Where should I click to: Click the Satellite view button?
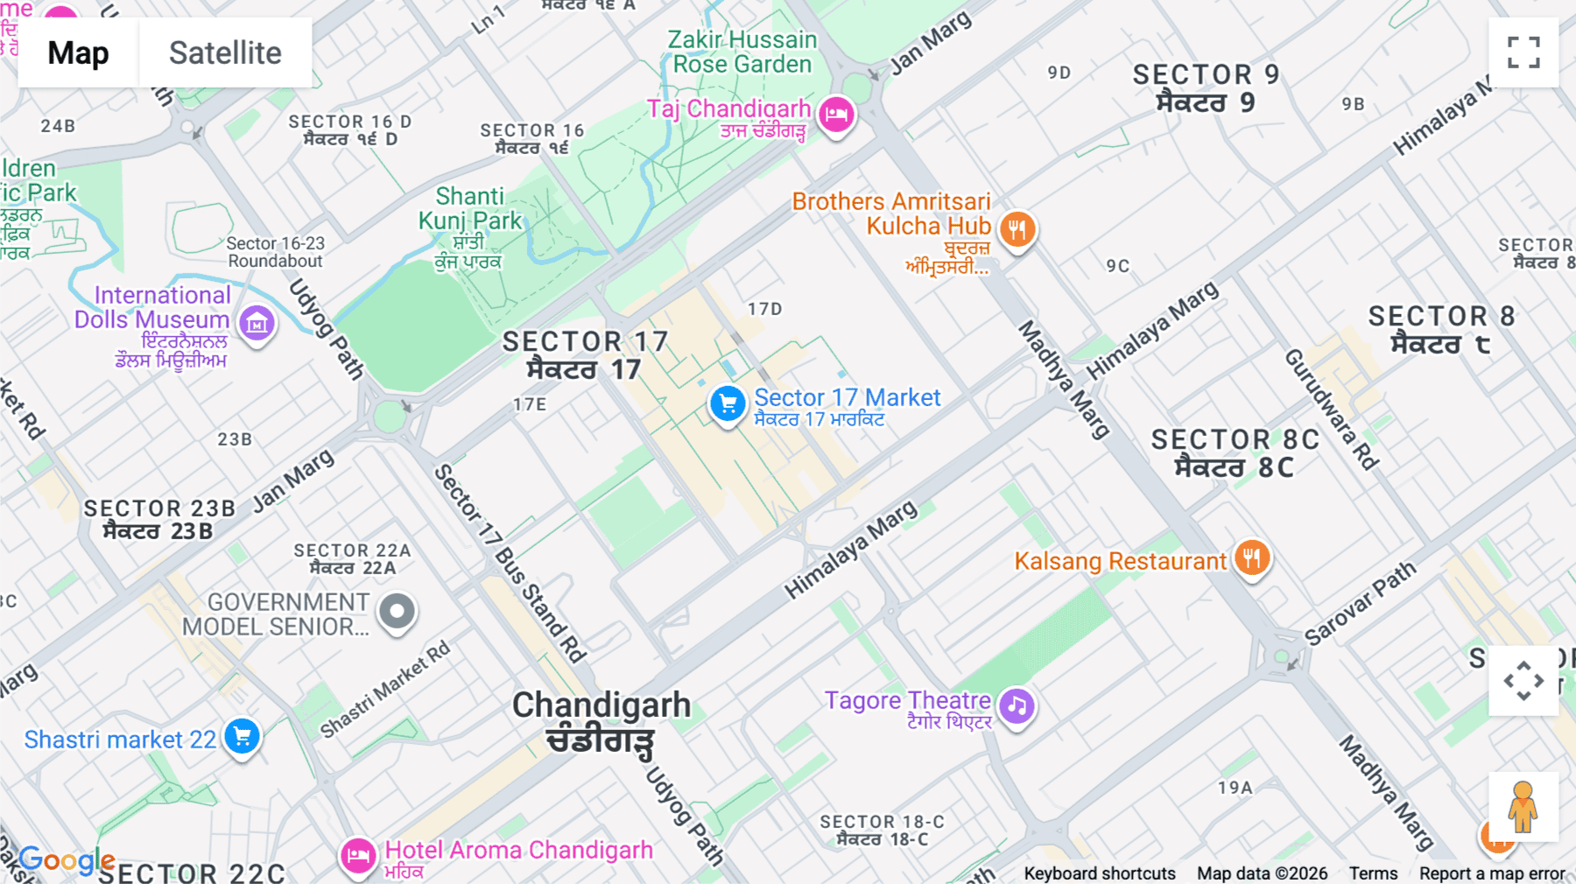(225, 53)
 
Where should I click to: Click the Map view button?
(78, 53)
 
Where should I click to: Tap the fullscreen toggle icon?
(1523, 53)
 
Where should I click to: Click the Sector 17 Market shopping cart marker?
(727, 404)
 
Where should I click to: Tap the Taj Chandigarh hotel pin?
(836, 114)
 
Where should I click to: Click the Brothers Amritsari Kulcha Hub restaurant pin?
(1017, 229)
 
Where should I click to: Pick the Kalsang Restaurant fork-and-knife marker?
(1251, 558)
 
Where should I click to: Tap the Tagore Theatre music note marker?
(1017, 705)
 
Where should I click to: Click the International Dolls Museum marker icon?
(257, 324)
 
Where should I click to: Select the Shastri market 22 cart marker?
(242, 736)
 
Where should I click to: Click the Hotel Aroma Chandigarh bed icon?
(358, 855)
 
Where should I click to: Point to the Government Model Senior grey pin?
(397, 611)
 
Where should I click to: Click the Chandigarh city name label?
(602, 705)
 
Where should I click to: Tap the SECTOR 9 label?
(1206, 75)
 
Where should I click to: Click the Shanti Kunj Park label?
(470, 208)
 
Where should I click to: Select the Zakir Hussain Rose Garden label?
(742, 52)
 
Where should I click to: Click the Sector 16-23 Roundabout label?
(275, 252)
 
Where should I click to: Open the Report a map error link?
(1492, 873)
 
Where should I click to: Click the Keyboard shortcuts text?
(1100, 873)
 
